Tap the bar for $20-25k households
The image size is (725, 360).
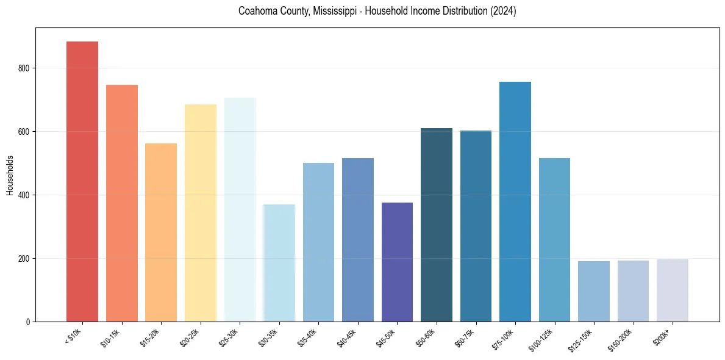201,213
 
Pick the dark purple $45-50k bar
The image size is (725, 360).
397,262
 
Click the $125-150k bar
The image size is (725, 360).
594,291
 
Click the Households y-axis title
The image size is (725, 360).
10,175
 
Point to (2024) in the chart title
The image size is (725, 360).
502,11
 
